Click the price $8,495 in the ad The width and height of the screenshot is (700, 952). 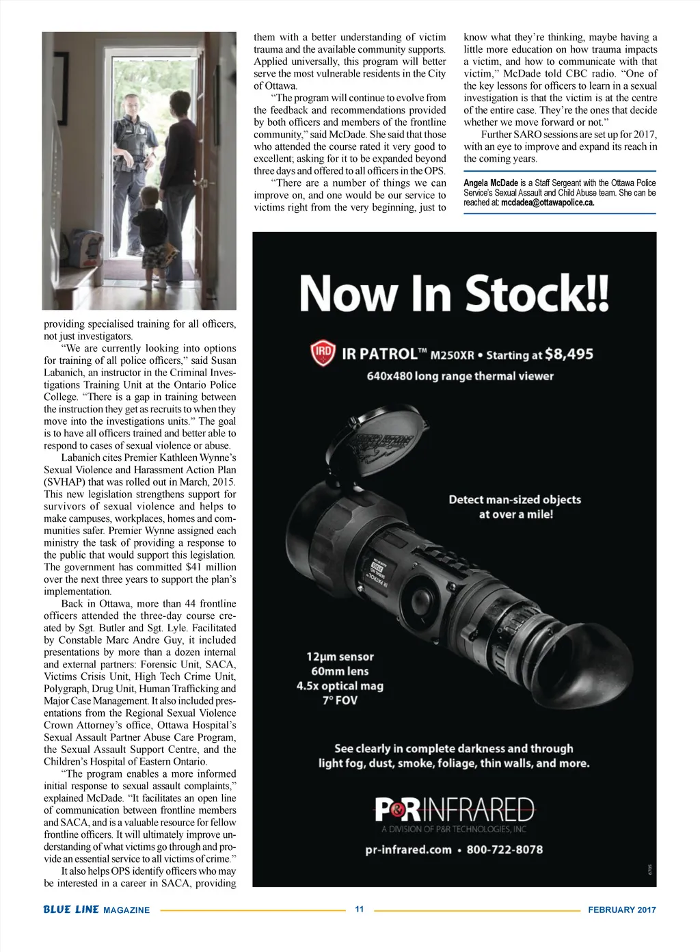[569, 354]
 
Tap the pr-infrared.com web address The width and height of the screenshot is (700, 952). [408, 849]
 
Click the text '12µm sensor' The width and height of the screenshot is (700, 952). [340, 657]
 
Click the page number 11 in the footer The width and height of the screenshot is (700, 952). [360, 909]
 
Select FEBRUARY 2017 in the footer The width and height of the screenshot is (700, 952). [621, 910]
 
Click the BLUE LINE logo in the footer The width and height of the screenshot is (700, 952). [71, 910]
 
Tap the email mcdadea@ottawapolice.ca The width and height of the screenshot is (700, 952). [548, 202]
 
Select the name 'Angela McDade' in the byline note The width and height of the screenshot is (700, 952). [491, 183]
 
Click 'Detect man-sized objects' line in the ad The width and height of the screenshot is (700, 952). [515, 499]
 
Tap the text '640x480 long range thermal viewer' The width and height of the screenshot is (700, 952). [460, 376]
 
